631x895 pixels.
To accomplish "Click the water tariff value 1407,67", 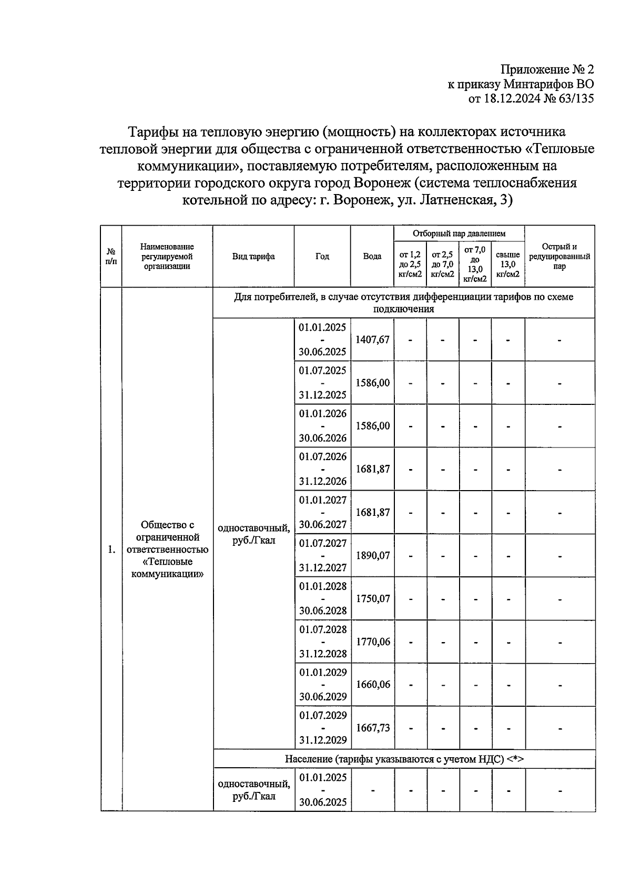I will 372,340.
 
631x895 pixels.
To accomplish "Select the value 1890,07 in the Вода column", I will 372,555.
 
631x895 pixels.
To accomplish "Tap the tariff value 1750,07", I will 372,598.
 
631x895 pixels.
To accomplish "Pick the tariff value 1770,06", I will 372,642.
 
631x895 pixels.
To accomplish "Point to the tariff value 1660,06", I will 372,685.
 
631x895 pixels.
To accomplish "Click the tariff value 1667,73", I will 372,728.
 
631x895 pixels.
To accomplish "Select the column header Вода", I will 372,257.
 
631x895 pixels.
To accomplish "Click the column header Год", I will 322,257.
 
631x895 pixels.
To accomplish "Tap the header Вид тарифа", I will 253,257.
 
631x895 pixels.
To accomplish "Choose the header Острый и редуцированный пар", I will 559,257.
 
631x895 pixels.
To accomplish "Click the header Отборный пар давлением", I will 459,233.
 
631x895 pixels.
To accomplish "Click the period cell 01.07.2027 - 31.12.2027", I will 323,555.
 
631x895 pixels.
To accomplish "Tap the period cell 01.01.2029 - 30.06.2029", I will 323,685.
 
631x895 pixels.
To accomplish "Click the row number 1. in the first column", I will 111,550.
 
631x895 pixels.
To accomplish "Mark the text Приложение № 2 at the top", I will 547,69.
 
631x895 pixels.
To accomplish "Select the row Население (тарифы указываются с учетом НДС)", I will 404,759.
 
